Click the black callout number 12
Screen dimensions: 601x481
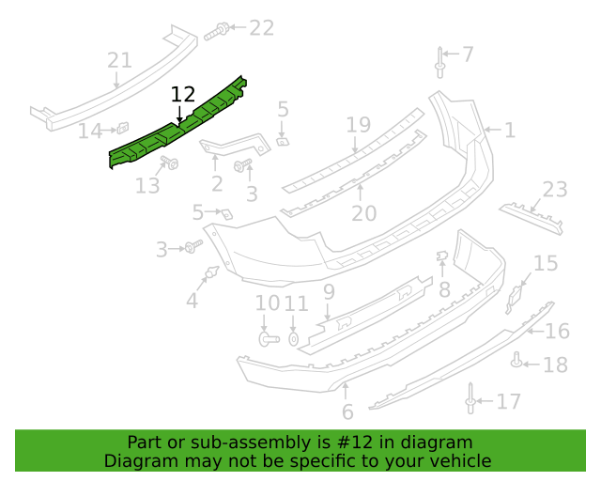pos(183,94)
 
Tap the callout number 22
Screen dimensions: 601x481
pos(262,28)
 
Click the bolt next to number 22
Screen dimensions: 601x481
pos(216,31)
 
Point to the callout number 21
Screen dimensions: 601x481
pos(119,60)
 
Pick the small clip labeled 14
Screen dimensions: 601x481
pos(123,128)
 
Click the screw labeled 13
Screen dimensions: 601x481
pos(169,163)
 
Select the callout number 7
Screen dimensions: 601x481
pos(468,54)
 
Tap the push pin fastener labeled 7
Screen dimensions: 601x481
pos(440,63)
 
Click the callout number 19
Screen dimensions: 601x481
pos(359,125)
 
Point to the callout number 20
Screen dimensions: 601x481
pos(363,213)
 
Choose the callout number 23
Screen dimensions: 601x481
pos(555,190)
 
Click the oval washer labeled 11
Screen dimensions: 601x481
pos(293,339)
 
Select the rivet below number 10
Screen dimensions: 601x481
pos(270,339)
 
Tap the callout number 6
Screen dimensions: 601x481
pos(347,412)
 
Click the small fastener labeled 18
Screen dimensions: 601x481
pos(516,360)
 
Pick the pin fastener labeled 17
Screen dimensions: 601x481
pos(470,398)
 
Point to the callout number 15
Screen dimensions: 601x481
pos(546,263)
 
